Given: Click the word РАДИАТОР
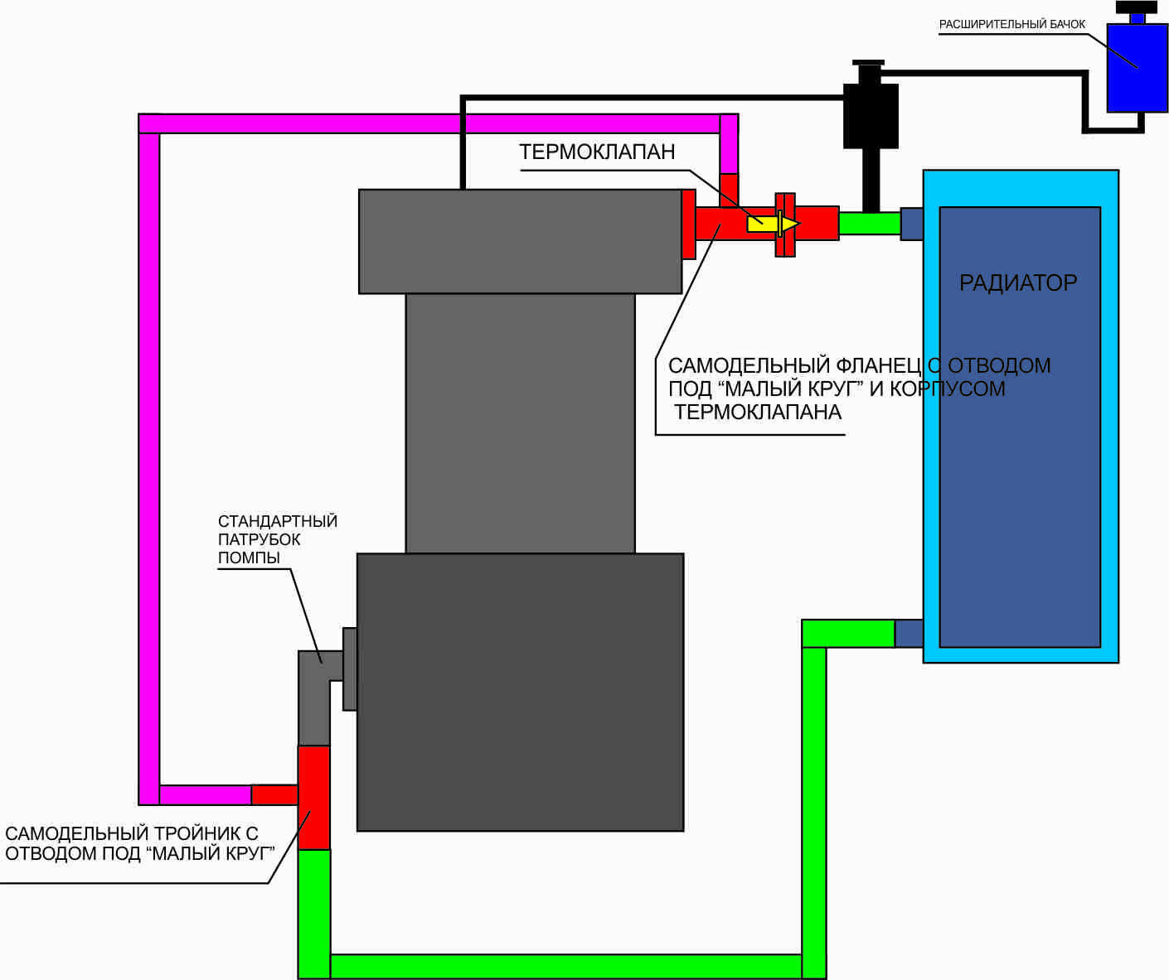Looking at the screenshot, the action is coord(1018,282).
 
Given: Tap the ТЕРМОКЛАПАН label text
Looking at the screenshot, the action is coord(597,152).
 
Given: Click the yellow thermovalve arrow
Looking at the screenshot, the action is coord(774,224).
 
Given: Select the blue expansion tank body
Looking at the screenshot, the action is coord(1137,68).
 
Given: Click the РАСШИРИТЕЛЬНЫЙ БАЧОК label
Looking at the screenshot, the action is coord(1012,25).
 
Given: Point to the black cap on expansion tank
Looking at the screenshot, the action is coord(1137,7).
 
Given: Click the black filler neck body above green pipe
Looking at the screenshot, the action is coord(871,116).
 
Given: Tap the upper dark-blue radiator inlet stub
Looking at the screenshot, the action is coord(911,224).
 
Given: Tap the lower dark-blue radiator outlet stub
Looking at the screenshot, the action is coord(909,633).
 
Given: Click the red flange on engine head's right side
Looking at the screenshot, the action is coord(689,224).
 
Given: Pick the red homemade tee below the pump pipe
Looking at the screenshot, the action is coord(313,798).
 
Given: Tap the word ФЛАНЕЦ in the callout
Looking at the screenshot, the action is coord(879,366).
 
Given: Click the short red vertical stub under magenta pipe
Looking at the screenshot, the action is coord(729,191).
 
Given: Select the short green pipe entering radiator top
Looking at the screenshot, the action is coord(870,224).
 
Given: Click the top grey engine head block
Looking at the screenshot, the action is coord(520,241).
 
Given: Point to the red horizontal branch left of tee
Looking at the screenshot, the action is coord(274,794).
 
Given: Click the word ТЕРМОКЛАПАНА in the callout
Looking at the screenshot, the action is coord(758,413).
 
